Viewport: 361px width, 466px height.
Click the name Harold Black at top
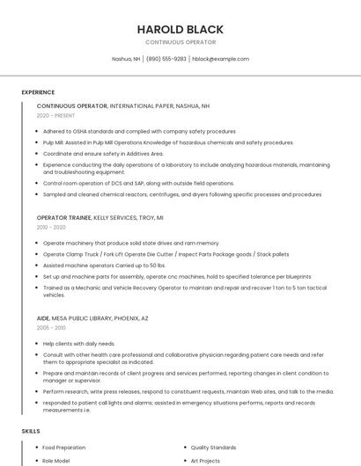[x=180, y=29]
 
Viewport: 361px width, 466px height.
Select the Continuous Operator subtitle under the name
[x=180, y=42]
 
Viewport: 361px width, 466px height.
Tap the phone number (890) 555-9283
[x=166, y=59]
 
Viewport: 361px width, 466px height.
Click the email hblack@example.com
[x=220, y=59]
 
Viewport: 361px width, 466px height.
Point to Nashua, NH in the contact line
[x=126, y=59]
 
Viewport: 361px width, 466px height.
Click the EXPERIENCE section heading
[x=38, y=92]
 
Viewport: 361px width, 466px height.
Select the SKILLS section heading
[x=31, y=431]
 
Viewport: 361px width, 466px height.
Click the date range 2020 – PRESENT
[x=55, y=115]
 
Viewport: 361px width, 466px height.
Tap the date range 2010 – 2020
[x=51, y=227]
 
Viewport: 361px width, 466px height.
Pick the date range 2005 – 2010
[x=51, y=327]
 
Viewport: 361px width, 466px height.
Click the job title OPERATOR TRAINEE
[x=63, y=217]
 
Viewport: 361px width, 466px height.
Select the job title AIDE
[x=43, y=317]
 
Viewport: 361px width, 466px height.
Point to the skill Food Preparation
[x=63, y=448]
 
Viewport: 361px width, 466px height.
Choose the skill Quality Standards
[x=213, y=448]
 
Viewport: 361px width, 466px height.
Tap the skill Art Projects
[x=204, y=459]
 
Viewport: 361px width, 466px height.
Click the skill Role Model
[x=56, y=459]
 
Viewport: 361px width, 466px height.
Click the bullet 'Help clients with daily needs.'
[x=79, y=343]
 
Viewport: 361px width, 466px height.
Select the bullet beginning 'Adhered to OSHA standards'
[x=139, y=131]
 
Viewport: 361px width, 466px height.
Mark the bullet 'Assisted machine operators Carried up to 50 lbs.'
[x=104, y=265]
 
